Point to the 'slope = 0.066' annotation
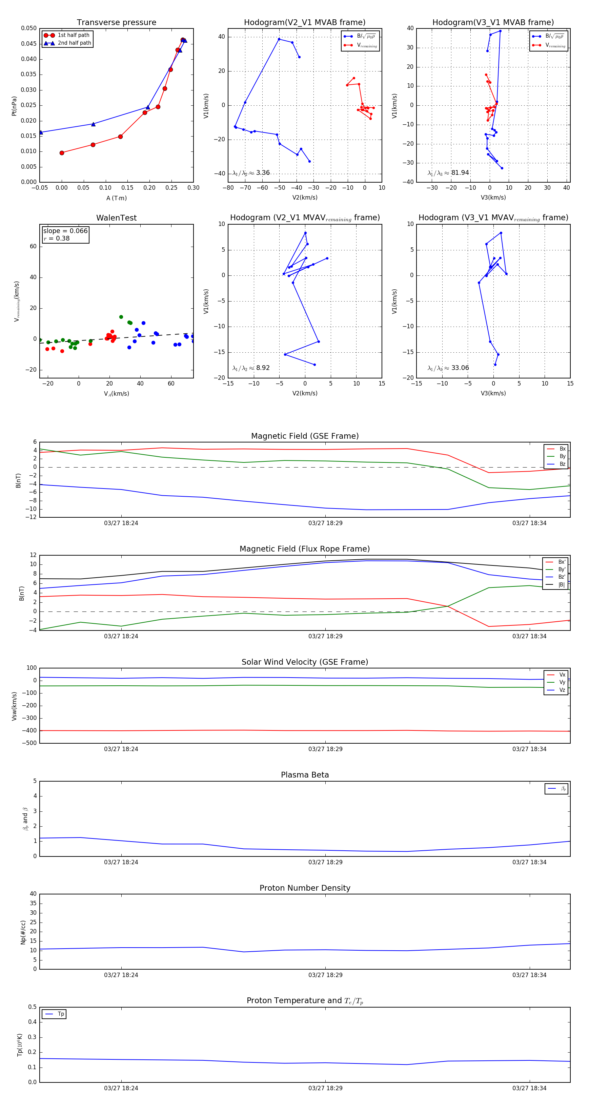(x=65, y=231)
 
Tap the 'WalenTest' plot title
(x=116, y=218)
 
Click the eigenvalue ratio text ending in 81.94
(x=448, y=173)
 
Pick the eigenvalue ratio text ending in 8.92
(x=251, y=368)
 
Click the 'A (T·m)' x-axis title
(x=116, y=198)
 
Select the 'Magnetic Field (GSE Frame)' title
(x=305, y=436)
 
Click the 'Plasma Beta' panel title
(x=305, y=775)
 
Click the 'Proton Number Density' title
(x=305, y=888)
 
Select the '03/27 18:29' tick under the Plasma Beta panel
(x=325, y=862)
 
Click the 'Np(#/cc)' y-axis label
(x=23, y=932)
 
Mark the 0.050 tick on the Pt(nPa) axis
(x=29, y=28)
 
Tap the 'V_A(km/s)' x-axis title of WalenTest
(x=116, y=394)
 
